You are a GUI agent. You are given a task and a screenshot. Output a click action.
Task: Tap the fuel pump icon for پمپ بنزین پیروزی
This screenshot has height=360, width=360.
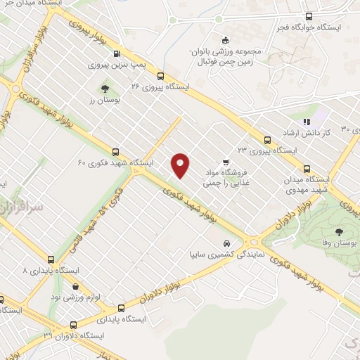point(117,53)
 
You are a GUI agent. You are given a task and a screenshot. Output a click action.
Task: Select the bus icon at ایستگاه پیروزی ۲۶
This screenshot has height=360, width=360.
point(161,76)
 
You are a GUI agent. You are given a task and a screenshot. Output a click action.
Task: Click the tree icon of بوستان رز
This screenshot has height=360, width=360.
point(105,89)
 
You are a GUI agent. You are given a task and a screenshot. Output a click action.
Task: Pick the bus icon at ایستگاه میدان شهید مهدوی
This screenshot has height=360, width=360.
point(307,168)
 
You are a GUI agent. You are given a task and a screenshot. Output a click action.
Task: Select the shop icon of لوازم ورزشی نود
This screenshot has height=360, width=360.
point(76,286)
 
